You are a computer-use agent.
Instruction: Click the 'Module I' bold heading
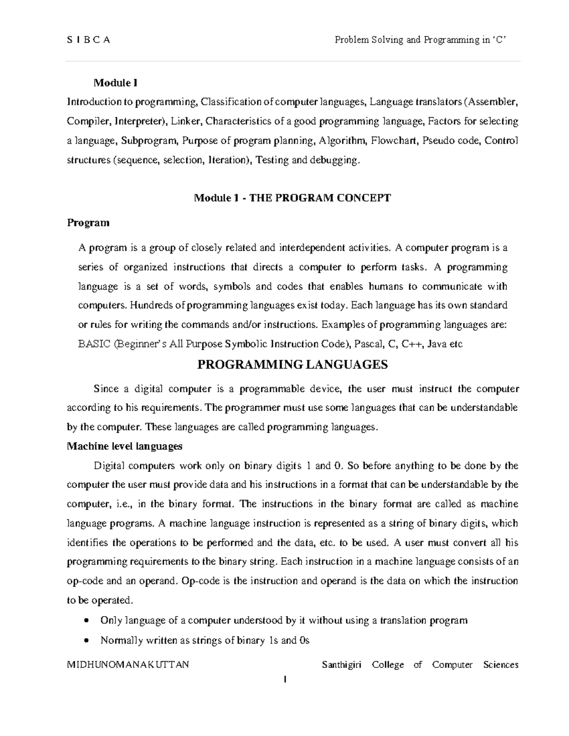click(x=116, y=83)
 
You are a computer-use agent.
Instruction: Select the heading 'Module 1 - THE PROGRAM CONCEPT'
click(x=293, y=198)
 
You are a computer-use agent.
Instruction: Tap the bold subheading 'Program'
click(x=88, y=222)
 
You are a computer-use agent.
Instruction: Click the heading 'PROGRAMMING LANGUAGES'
click(x=293, y=364)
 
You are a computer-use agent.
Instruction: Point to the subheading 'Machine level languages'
click(x=125, y=446)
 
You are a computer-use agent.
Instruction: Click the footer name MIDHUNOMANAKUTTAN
click(x=128, y=665)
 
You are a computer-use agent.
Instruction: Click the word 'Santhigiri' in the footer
click(x=341, y=665)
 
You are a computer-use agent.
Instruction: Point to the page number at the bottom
click(x=284, y=680)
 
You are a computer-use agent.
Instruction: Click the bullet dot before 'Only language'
click(x=85, y=621)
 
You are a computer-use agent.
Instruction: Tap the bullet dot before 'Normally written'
click(x=85, y=641)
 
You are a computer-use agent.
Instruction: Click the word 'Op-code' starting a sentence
click(x=197, y=581)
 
